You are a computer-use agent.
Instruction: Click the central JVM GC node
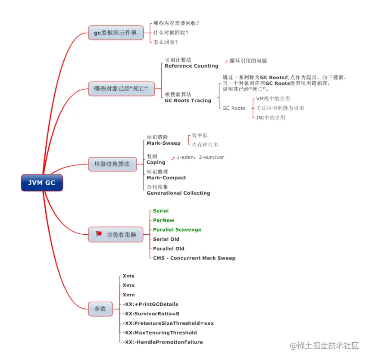[42, 183]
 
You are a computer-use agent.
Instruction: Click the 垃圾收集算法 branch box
[112, 164]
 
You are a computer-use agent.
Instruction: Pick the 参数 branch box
[100, 308]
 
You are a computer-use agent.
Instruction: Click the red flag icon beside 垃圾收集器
[99, 234]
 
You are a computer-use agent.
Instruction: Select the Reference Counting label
[191, 66]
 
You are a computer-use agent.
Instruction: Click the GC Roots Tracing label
[188, 100]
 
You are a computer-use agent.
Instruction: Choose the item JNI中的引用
[270, 117]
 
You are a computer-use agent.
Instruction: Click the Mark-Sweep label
[163, 143]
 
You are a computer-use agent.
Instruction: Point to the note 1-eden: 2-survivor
[200, 157]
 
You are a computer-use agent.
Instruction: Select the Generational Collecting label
[178, 193]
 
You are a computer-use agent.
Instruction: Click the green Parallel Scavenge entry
[177, 230]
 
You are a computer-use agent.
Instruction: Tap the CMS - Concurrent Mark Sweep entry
[194, 258]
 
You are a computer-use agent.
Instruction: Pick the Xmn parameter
[128, 295]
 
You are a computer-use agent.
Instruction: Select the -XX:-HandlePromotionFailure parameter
[163, 342]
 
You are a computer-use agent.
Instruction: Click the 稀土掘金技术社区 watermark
[325, 345]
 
